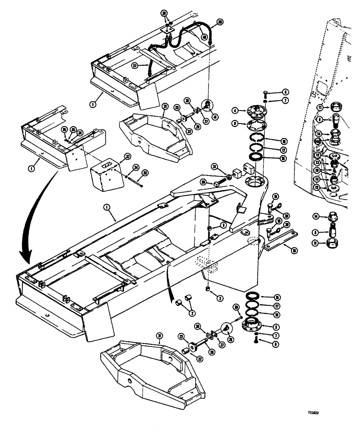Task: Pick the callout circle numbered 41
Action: pos(209,116)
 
